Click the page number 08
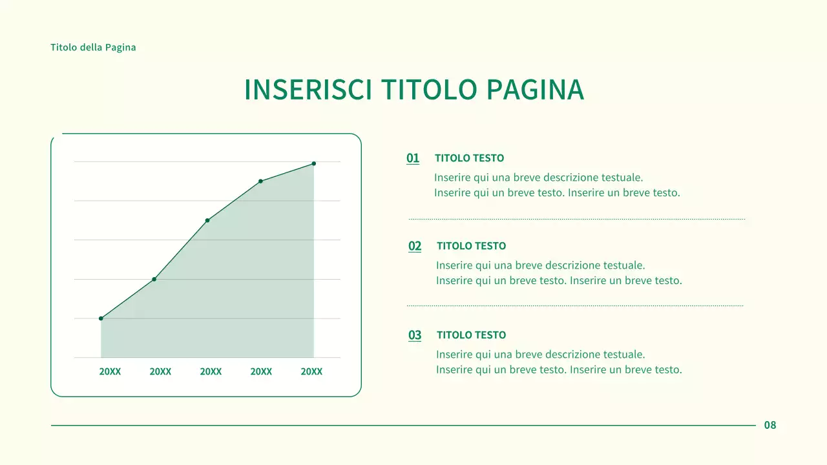click(x=770, y=425)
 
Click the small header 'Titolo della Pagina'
click(x=93, y=47)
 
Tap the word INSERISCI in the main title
click(x=308, y=90)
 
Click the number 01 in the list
click(x=413, y=158)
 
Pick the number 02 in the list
click(x=415, y=246)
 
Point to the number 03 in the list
click(x=415, y=335)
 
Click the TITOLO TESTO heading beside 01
click(x=469, y=158)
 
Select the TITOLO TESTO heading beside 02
click(x=471, y=246)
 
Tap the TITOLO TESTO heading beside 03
click(x=471, y=335)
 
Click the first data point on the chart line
click(x=101, y=318)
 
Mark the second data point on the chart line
click(x=154, y=279)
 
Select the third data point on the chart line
click(x=207, y=220)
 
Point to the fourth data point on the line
click(x=260, y=181)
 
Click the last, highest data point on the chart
click(x=314, y=163)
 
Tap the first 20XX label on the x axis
click(x=110, y=372)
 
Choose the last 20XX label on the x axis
click(x=311, y=372)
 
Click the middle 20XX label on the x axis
click(x=211, y=372)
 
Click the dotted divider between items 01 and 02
click(x=576, y=219)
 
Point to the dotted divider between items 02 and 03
click(x=575, y=305)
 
